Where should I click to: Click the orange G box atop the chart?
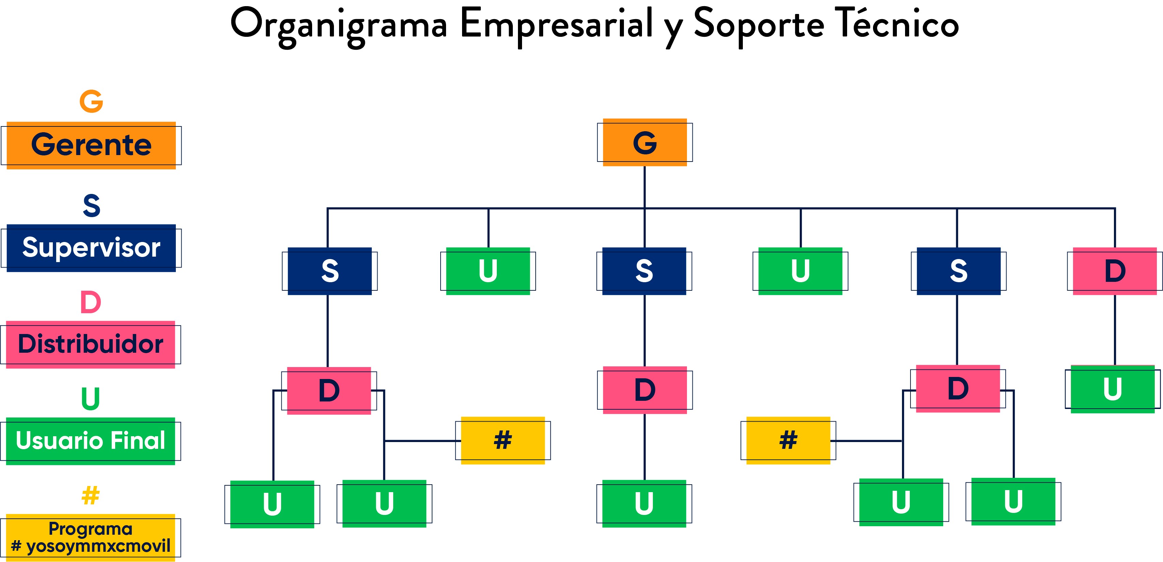pos(645,143)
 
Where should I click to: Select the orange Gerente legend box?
pos(91,145)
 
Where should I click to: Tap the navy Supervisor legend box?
pos(91,248)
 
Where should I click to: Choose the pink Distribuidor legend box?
pos(91,345)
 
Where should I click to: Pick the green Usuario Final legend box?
pos(91,441)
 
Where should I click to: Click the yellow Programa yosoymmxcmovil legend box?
pos(91,537)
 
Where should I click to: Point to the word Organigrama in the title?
pos(339,25)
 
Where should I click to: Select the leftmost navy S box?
pos(330,271)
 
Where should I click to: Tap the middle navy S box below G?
pos(644,271)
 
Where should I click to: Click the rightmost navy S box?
pos(959,271)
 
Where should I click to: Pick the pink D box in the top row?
pos(1115,271)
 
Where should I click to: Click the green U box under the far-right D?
pos(1113,389)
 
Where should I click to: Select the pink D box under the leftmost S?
pos(329,391)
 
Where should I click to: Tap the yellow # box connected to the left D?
pos(503,440)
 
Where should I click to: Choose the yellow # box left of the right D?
pos(788,440)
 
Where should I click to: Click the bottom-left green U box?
pos(272,504)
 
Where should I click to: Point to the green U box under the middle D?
pos(644,503)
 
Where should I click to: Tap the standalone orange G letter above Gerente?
pos(91,101)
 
